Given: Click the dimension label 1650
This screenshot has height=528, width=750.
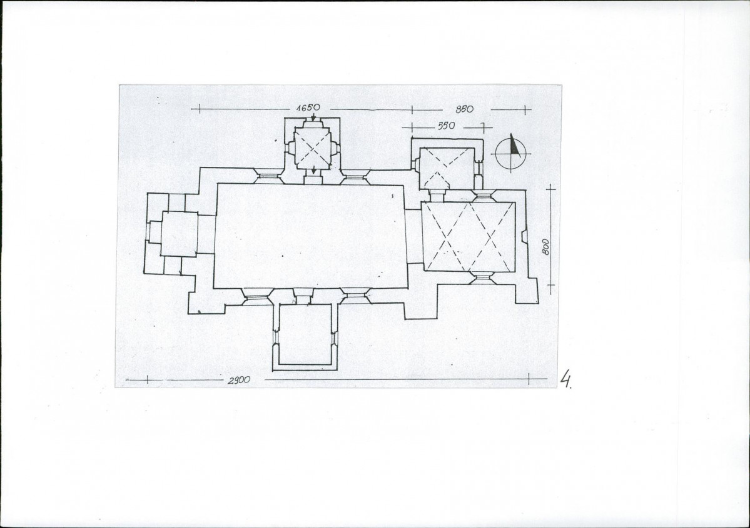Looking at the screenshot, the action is [308, 108].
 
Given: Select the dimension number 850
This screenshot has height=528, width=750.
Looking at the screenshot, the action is [464, 109].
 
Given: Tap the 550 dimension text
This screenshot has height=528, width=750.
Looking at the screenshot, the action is [446, 126].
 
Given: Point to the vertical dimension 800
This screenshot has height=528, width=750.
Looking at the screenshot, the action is [546, 247].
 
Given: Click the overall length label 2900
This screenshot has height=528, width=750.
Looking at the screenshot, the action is [239, 381].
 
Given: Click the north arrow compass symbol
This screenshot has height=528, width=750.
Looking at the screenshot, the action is [511, 152].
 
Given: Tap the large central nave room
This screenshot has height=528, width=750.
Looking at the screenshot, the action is [310, 236].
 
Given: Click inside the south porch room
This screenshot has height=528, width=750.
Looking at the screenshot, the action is [305, 334].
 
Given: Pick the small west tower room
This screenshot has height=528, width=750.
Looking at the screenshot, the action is [180, 234].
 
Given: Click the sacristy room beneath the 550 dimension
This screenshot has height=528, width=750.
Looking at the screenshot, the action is [447, 168].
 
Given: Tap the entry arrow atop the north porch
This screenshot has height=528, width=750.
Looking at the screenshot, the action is [313, 116].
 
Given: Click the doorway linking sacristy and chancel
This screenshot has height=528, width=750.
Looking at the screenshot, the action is [437, 196].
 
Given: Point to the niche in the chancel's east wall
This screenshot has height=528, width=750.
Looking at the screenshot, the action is [524, 236].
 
